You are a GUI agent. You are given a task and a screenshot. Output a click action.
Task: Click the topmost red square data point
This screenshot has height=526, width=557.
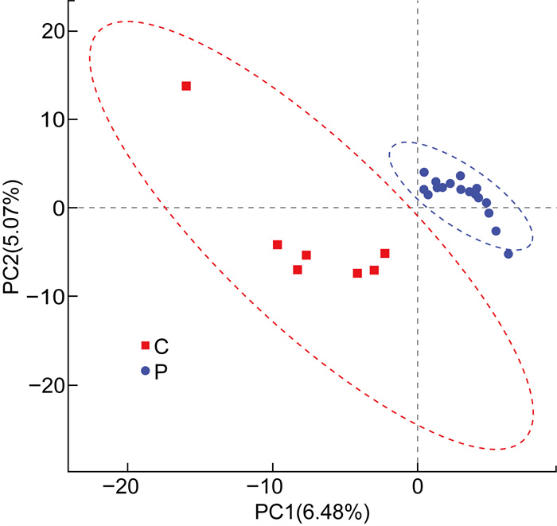pos(186,86)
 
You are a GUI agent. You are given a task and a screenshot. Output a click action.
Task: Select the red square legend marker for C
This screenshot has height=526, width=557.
pos(146,345)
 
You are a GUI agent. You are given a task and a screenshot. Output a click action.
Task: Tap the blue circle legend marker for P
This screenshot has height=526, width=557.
pos(146,371)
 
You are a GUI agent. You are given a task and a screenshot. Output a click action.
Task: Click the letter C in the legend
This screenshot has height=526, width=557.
pos(161,345)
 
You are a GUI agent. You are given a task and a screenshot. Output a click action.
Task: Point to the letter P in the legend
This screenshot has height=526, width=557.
pos(161,371)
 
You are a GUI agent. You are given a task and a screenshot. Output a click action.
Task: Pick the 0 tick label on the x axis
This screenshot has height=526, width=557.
pos(418,486)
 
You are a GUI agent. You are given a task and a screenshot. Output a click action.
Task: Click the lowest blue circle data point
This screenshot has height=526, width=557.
pos(508,254)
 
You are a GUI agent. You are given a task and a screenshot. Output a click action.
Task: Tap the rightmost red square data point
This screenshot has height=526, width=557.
pos(385,254)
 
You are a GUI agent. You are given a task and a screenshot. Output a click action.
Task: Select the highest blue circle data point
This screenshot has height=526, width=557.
pos(424,172)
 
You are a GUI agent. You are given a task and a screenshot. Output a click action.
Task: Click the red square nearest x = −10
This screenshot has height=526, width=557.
pos(278,245)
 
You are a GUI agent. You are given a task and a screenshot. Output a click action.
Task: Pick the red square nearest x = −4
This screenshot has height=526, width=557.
pos(357,274)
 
